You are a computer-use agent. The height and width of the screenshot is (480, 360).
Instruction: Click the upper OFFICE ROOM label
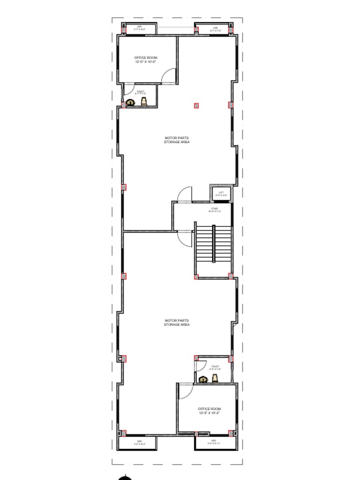point(146,60)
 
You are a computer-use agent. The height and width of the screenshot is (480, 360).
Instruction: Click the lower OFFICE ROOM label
point(210,411)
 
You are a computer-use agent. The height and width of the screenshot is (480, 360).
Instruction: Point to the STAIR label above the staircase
point(215,210)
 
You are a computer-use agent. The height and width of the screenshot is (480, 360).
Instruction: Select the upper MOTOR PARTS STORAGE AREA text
point(177,140)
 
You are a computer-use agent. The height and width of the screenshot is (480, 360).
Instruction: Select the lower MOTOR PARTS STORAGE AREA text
point(177,322)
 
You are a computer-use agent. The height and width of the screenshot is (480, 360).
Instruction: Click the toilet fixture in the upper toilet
point(131,102)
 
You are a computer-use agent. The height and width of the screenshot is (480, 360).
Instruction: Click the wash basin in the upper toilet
point(143,101)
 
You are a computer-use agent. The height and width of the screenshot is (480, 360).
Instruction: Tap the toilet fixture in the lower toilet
point(203,380)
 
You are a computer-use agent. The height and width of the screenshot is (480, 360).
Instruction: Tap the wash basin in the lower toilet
point(215,379)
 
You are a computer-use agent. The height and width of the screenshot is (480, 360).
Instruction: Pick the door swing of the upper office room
point(170,76)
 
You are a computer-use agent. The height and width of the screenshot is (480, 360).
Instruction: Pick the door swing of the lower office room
point(185,391)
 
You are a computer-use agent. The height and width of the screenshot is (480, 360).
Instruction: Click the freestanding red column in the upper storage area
point(196,105)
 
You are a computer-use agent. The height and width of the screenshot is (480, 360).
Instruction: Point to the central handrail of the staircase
point(214,243)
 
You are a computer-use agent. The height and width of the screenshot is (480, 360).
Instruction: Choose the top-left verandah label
point(139,29)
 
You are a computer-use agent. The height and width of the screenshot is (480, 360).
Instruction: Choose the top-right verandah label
point(215,29)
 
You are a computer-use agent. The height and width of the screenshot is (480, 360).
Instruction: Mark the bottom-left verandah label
point(139,442)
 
